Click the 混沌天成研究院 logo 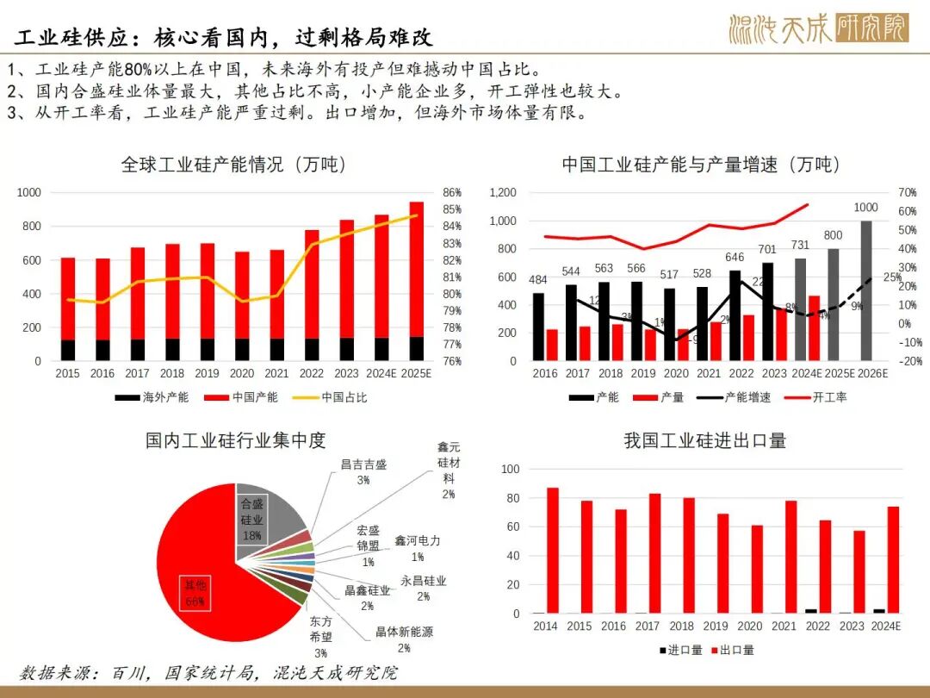[x=817, y=28]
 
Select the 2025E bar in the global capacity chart [x=416, y=276]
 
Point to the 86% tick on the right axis [x=453, y=192]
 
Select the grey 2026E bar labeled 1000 [x=866, y=290]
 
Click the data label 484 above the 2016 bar [x=538, y=280]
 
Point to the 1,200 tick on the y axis [x=504, y=192]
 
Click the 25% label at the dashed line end [x=892, y=277]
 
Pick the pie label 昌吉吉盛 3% [x=363, y=471]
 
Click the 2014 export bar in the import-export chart [x=552, y=551]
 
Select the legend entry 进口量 [x=682, y=650]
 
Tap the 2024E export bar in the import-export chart [x=893, y=560]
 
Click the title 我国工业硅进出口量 [x=704, y=441]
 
